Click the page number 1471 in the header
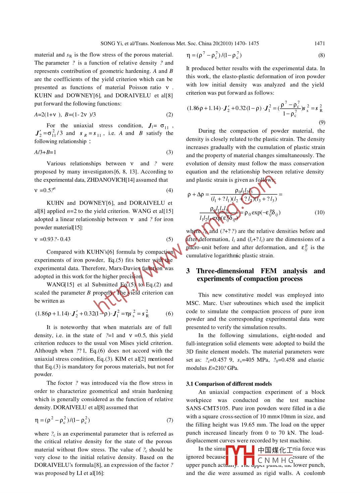[319, 43]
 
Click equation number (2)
[169, 115]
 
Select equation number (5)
[169, 239]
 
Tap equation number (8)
[321, 55]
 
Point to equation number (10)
[319, 213]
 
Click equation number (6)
[169, 314]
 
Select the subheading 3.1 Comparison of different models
[229, 384]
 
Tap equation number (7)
[169, 420]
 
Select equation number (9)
[321, 122]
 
